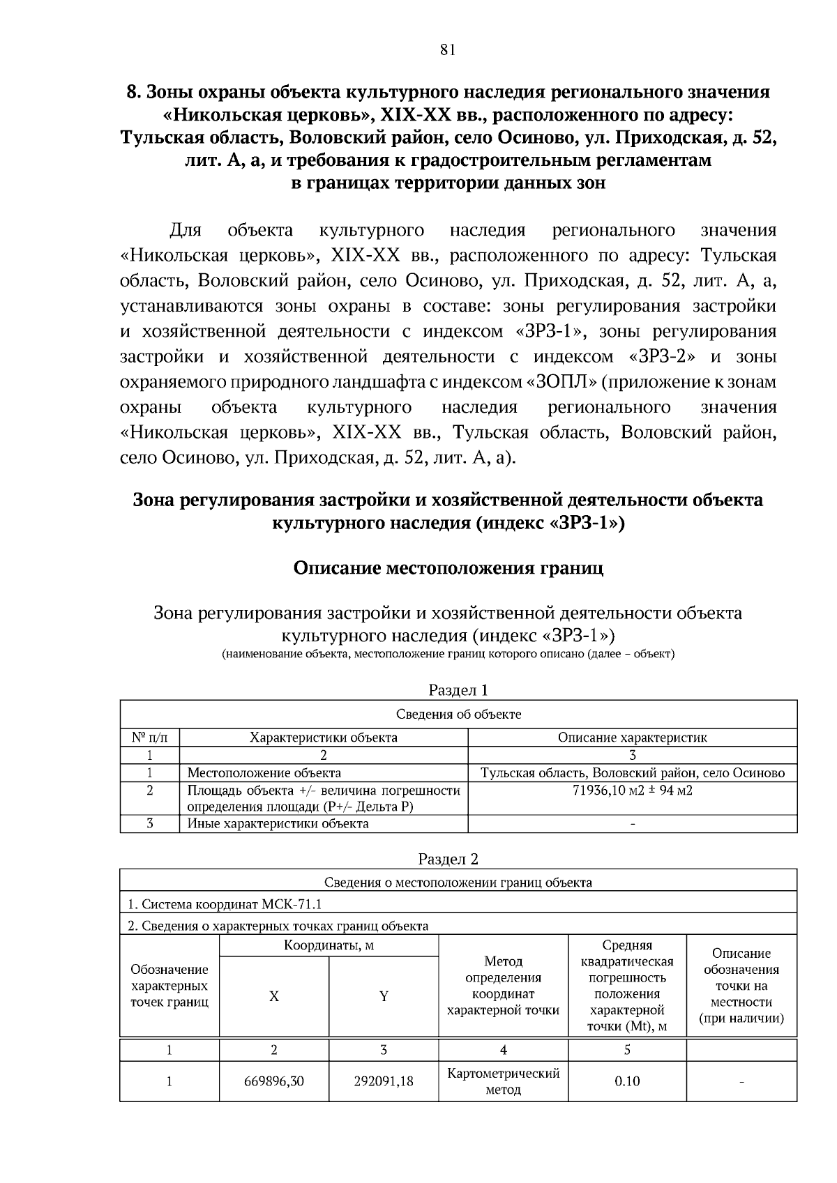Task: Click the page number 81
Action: coord(448,49)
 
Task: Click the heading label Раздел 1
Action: coord(458,690)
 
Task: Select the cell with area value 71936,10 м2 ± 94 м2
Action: coord(632,791)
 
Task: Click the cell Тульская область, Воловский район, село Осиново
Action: coord(632,773)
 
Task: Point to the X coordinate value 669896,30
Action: coord(274,1081)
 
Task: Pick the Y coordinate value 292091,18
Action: coord(384,1081)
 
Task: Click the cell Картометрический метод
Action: coord(503,1081)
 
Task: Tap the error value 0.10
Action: coord(627,1081)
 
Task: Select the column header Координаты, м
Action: coord(329,946)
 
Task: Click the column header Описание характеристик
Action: coord(632,738)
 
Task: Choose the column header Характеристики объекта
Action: coord(324,738)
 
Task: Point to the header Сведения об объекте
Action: coord(458,715)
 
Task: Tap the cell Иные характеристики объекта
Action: coord(278,824)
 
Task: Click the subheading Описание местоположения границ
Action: coord(448,568)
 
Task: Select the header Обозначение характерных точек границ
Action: coord(169,986)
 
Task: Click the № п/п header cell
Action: coord(149,738)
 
